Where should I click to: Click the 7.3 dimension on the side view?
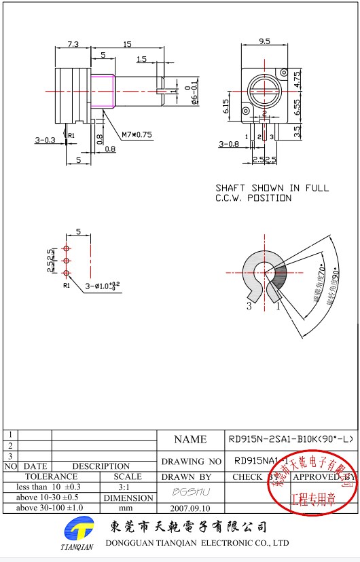tap(73, 44)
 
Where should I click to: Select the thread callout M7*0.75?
tap(137, 134)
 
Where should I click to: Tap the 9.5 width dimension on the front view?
tap(264, 41)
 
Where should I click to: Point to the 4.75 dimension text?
tap(298, 79)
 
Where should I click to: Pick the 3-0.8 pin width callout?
tap(228, 144)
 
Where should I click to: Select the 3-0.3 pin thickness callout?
tap(46, 140)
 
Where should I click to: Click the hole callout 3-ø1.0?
tap(102, 286)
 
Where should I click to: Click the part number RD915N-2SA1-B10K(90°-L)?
tap(291, 439)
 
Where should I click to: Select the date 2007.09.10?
tap(191, 508)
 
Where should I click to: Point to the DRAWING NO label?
tap(192, 461)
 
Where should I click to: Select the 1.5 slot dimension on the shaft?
tap(141, 60)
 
